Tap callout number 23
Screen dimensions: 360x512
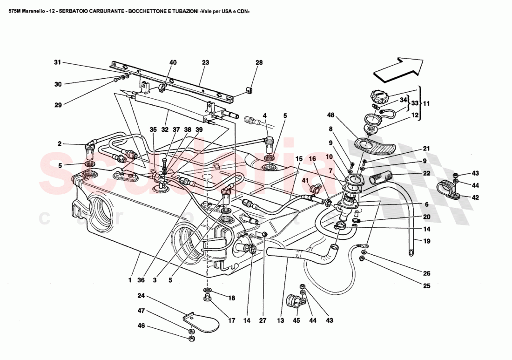point(205,62)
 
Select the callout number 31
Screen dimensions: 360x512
point(57,62)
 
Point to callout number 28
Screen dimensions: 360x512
point(259,62)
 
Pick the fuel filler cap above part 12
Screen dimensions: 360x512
point(381,98)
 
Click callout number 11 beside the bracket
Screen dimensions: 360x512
point(427,103)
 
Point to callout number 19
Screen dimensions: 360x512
point(427,241)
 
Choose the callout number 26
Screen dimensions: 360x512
point(427,273)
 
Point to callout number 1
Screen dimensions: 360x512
point(130,280)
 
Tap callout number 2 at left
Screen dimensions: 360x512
point(60,144)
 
